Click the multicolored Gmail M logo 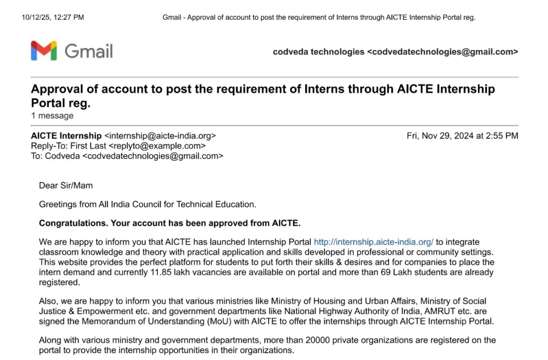pyautogui.click(x=44, y=50)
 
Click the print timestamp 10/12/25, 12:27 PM pyautogui.click(x=52, y=18)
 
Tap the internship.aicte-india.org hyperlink pyautogui.click(x=374, y=242)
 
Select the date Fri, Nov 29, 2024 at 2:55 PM pyautogui.click(x=462, y=136)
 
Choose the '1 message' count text pyautogui.click(x=52, y=116)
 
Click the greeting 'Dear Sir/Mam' pyautogui.click(x=66, y=186)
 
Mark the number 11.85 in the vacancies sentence pyautogui.click(x=178, y=272)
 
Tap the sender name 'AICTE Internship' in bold pyautogui.click(x=66, y=136)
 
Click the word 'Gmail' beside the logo pyautogui.click(x=89, y=51)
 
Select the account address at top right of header pyautogui.click(x=442, y=52)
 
